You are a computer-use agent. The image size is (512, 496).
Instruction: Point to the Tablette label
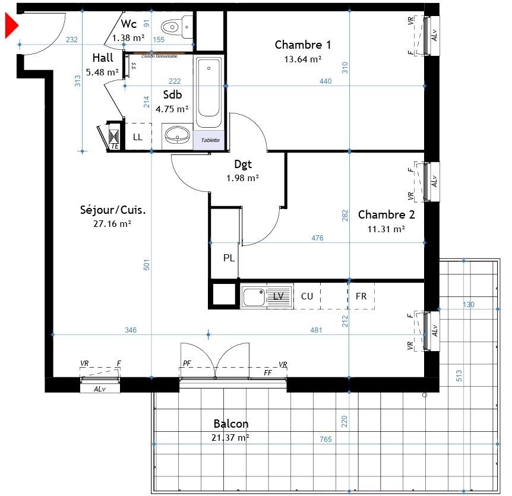click(x=210, y=140)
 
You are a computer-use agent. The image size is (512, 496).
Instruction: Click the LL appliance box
click(x=138, y=137)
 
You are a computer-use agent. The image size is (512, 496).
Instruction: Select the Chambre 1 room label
click(x=303, y=45)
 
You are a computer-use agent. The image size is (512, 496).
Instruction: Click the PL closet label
click(x=229, y=258)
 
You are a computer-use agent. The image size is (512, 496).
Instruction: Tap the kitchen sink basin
click(x=254, y=296)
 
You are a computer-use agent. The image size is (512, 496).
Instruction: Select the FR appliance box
click(x=361, y=296)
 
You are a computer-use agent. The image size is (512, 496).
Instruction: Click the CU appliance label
click(x=307, y=296)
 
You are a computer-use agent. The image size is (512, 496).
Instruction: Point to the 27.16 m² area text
click(x=113, y=224)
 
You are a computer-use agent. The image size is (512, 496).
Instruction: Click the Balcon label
click(x=231, y=424)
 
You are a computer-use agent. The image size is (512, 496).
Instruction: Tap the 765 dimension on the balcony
click(x=325, y=440)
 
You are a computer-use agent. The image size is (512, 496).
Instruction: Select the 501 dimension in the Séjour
click(x=147, y=264)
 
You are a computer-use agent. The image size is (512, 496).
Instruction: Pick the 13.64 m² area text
click(x=303, y=59)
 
